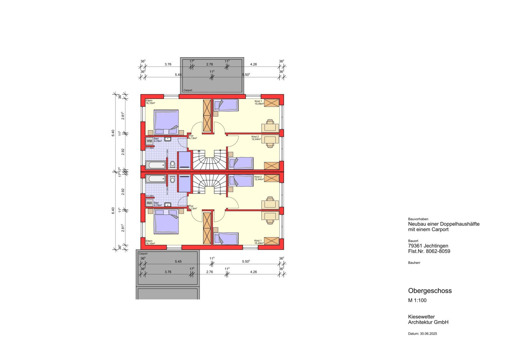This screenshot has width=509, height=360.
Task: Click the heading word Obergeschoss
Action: tap(430, 291)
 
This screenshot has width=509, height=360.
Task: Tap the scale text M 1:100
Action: tap(417, 300)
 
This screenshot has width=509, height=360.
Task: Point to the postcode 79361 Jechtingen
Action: tap(428, 246)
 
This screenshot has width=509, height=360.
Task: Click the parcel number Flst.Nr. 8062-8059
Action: tap(429, 251)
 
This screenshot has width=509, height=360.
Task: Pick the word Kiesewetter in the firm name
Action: tap(421, 317)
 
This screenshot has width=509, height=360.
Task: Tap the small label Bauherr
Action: tap(414, 263)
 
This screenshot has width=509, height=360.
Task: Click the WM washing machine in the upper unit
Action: tap(149, 141)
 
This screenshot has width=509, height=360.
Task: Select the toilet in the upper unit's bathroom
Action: tap(172, 164)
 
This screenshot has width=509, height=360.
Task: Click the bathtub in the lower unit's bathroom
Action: tap(156, 179)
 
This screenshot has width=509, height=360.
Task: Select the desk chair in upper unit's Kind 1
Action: tap(270, 121)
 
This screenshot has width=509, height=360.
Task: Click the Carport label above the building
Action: tap(188, 90)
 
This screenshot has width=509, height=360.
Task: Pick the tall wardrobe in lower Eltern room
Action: tap(207, 228)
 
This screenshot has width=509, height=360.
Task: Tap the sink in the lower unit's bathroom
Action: tap(167, 204)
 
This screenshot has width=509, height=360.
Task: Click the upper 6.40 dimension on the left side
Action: tap(113, 133)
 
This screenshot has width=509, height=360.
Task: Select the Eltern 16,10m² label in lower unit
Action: tap(150, 242)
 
